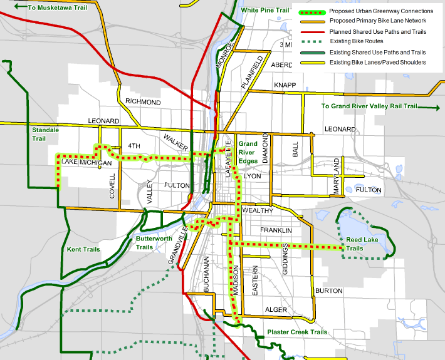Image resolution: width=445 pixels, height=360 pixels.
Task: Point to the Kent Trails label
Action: [x=83, y=249]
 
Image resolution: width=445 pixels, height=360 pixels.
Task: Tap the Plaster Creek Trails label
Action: [x=296, y=332]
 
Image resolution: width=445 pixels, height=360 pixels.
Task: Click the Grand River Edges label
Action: [x=248, y=152]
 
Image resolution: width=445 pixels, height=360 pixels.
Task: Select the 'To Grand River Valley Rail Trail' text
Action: [x=369, y=106]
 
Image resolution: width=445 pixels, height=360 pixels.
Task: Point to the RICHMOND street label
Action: [x=143, y=101]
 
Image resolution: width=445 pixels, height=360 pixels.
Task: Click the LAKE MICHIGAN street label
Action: [x=86, y=163]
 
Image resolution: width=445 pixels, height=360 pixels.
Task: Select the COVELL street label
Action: [x=113, y=187]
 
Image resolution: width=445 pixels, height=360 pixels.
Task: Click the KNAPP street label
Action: [x=285, y=85]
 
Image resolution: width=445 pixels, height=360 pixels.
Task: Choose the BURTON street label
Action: [x=329, y=291]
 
